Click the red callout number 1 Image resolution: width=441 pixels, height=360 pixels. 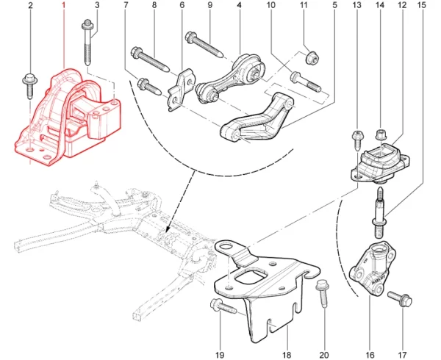coord(63,6)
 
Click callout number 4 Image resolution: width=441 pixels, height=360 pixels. coord(240,6)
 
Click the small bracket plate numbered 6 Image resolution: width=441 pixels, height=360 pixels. coord(179,90)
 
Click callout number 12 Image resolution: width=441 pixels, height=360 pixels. coord(402,6)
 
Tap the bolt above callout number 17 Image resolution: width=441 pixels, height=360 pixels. coord(401,298)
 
